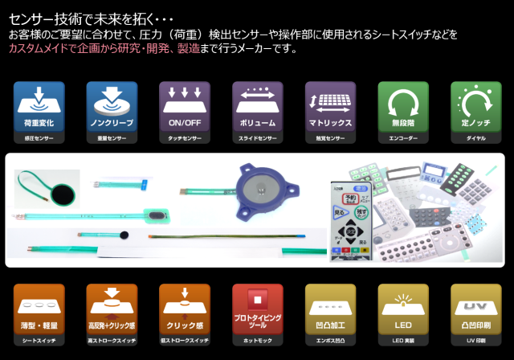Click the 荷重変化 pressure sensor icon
point(33,107)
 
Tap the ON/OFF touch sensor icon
point(184,107)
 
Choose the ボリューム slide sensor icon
point(257,107)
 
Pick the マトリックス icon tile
point(330,107)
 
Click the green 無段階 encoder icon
point(403,107)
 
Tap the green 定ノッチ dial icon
point(475,107)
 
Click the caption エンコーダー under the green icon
point(403,138)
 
